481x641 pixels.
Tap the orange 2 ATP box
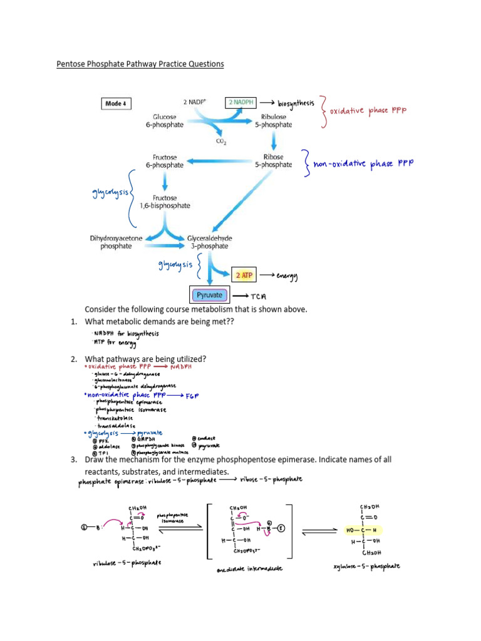tap(242, 275)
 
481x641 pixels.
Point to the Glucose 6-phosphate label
tap(168, 121)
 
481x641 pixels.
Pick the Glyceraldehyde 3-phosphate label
tap(208, 242)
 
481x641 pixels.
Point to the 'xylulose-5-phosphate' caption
tap(368, 566)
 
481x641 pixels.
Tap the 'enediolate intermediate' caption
tap(249, 568)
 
